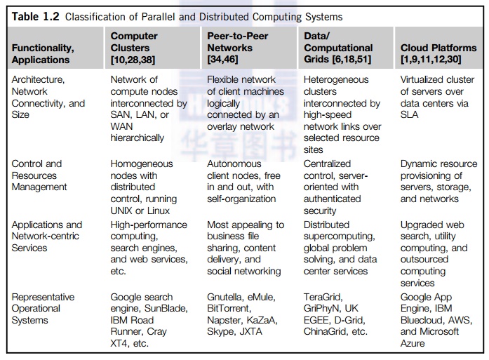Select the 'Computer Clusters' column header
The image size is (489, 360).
click(x=134, y=42)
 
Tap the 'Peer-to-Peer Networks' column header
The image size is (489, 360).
click(x=238, y=42)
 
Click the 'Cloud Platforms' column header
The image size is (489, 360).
click(x=438, y=48)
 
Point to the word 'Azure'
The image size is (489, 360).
click(x=414, y=343)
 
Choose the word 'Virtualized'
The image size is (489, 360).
click(x=426, y=79)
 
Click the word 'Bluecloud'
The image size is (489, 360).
click(x=422, y=320)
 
